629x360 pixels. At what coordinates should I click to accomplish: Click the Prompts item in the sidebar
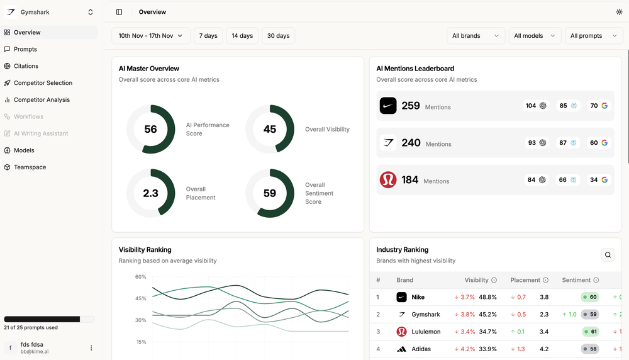click(25, 49)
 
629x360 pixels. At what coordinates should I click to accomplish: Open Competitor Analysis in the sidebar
click(42, 99)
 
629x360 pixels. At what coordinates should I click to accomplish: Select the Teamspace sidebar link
click(30, 167)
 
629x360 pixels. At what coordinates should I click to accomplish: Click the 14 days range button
click(242, 36)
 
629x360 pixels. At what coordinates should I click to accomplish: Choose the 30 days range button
click(278, 36)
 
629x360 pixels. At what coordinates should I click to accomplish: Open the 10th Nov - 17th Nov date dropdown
click(150, 36)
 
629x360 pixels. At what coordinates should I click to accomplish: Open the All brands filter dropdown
click(476, 36)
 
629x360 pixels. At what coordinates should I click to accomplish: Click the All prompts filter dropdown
click(594, 36)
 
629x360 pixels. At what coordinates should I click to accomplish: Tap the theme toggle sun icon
click(619, 12)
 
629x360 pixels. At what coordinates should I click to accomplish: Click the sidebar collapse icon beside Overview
click(120, 12)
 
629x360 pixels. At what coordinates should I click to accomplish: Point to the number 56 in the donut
click(150, 130)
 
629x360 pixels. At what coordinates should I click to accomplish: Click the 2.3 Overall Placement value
click(150, 193)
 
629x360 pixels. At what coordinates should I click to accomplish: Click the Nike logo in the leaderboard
click(388, 106)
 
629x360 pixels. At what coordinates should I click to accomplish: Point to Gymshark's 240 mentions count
click(411, 143)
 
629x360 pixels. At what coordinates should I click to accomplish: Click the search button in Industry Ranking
click(608, 255)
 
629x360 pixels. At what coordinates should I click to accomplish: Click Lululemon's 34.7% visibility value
click(487, 332)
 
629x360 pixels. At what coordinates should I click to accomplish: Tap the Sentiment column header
click(576, 280)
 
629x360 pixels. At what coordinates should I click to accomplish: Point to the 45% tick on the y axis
click(140, 298)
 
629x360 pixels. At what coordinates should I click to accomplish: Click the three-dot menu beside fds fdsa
click(91, 347)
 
